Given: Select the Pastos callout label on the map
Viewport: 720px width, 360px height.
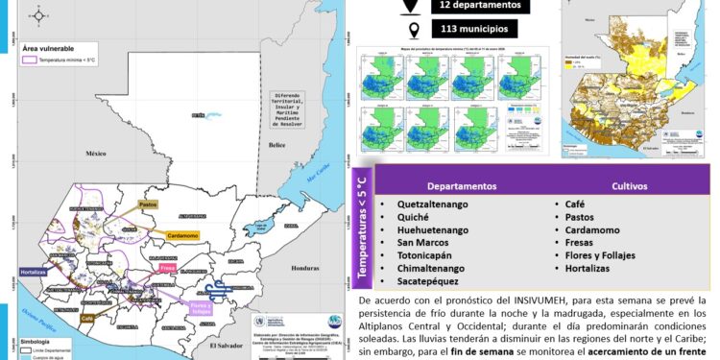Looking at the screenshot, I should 149,204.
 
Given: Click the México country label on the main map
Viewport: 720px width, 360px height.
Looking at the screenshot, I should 93,153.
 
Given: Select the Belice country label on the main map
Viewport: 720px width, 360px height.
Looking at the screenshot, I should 277,145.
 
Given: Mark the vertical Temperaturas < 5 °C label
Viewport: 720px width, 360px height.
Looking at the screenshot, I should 362,228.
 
